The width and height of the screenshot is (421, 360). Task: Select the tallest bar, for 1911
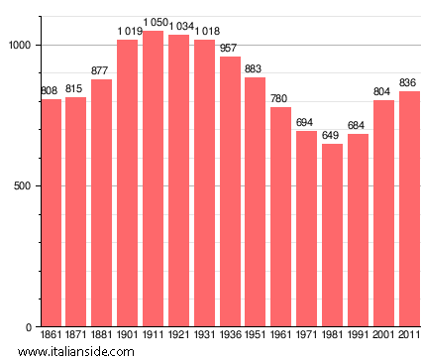[x=153, y=179]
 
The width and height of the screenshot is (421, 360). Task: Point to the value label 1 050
[x=153, y=22]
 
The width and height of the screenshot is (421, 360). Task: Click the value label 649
[x=332, y=136]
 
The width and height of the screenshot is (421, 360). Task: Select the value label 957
[x=230, y=49]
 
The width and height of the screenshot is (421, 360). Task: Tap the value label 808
[x=50, y=91]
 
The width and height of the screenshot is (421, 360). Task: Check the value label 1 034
[x=178, y=27]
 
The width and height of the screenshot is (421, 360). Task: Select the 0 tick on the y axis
[x=32, y=327]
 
